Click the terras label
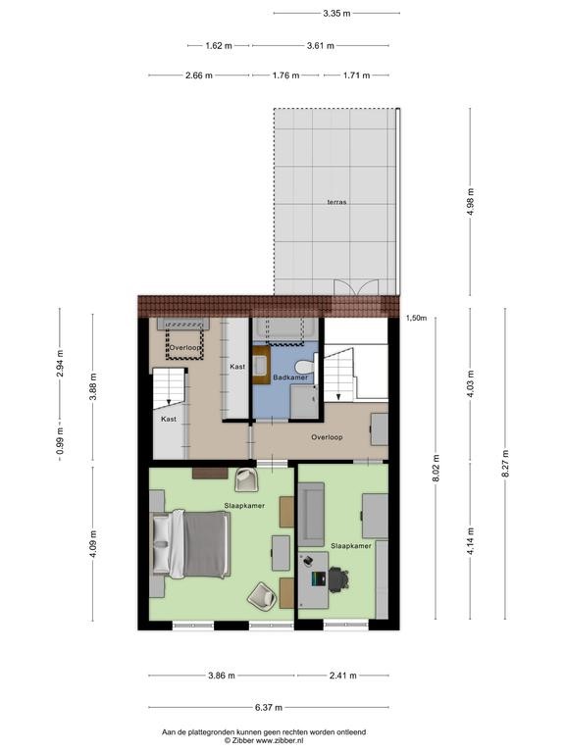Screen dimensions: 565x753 coord(336,202)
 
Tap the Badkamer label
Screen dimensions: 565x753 coord(290,377)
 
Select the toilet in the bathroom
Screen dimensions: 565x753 coord(306,368)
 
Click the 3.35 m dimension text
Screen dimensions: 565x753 coord(336,14)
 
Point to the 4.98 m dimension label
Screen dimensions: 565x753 coord(471,202)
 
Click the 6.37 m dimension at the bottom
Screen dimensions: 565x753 coord(269,707)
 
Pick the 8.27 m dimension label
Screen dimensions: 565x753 coord(505,464)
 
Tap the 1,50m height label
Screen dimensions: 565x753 coord(416,318)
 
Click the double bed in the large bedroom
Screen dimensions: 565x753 coord(191,543)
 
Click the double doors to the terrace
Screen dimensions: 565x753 coord(356,287)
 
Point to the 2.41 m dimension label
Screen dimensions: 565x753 coord(343,676)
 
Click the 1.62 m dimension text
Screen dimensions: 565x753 coord(219,46)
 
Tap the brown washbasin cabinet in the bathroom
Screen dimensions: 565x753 coord(261,365)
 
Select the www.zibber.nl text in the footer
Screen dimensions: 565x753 coord(282,740)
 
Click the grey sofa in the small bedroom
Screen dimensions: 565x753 coord(311,515)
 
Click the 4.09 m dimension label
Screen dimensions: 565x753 coord(93,544)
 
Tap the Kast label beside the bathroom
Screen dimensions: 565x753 coord(237,367)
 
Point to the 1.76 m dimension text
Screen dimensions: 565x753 coord(285,75)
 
